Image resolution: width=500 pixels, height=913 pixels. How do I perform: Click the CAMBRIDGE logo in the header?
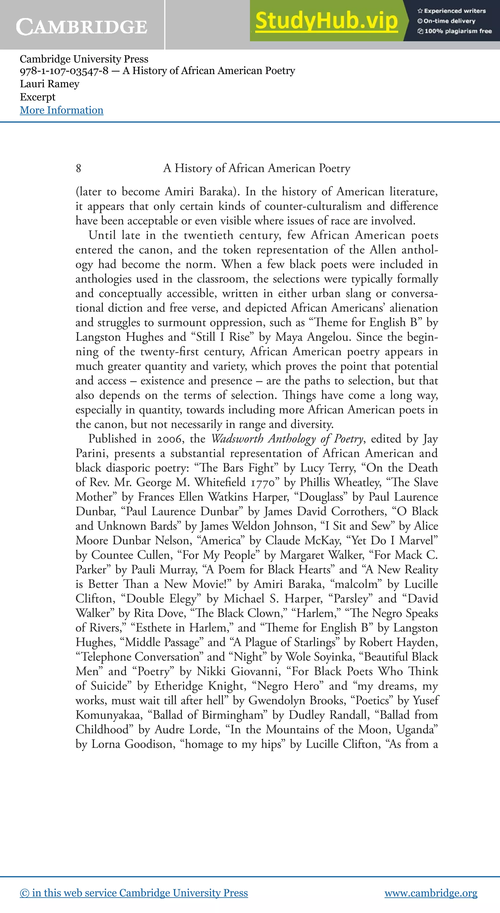(x=82, y=27)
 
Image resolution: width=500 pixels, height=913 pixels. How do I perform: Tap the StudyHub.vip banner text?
(x=326, y=21)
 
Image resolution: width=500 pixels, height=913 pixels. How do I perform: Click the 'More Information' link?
(x=62, y=110)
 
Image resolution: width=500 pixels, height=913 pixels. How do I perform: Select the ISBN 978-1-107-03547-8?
(x=64, y=71)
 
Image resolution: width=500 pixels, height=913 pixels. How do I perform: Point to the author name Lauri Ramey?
(x=50, y=84)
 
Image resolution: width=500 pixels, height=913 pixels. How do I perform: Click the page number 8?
(x=78, y=168)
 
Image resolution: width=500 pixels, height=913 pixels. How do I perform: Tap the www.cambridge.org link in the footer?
(x=431, y=892)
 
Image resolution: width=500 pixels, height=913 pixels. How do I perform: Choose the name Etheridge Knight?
(x=199, y=686)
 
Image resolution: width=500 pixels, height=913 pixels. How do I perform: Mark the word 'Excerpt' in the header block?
(x=38, y=97)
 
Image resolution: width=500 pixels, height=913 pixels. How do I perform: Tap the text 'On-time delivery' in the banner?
(x=449, y=21)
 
